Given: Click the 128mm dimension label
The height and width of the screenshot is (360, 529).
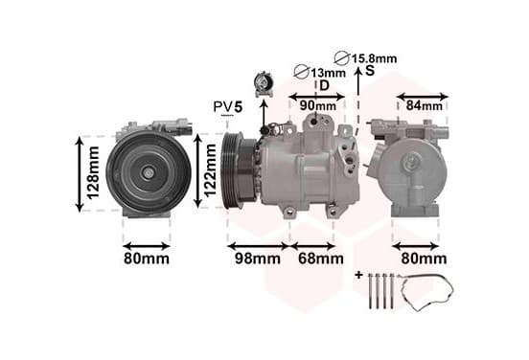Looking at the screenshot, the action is pos(93,172).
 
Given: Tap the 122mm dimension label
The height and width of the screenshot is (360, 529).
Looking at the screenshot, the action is pos(210,170).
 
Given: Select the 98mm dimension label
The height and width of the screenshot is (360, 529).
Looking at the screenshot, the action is pos(258,259).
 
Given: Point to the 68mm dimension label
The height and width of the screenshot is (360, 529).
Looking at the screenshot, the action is pos(321,259).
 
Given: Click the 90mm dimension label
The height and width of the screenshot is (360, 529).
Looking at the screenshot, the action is pos(318,106).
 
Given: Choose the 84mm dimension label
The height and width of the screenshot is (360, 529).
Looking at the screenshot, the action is pos(425,106).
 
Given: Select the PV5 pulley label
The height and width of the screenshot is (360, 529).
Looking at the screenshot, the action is pos(228,107).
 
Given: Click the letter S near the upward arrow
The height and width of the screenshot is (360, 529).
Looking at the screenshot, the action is pos(370,71).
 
